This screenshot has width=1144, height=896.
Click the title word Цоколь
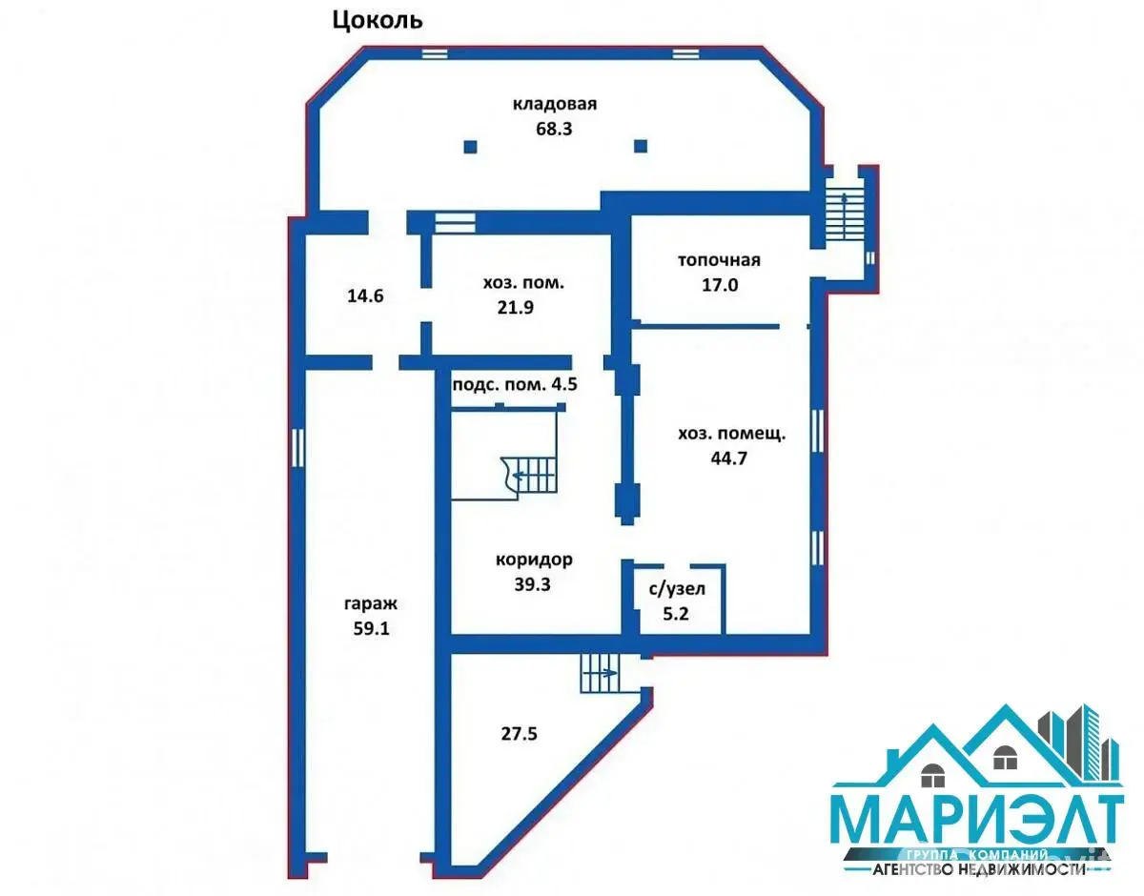click(378, 21)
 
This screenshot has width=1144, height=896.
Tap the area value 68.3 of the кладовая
click(554, 129)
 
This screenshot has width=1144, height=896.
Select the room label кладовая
click(555, 104)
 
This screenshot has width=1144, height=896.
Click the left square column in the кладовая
click(470, 146)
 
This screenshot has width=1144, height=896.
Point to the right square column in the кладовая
click(641, 146)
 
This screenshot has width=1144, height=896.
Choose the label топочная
click(719, 260)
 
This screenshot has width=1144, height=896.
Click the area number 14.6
click(365, 295)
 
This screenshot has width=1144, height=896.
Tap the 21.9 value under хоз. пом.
click(516, 307)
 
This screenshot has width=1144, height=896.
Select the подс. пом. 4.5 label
click(515, 384)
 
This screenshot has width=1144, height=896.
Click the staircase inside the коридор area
click(529, 475)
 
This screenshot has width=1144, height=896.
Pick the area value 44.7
click(728, 458)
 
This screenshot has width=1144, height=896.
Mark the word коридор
click(534, 560)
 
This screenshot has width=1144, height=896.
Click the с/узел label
click(677, 589)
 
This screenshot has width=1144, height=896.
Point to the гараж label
click(371, 604)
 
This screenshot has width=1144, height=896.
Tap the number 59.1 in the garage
click(371, 628)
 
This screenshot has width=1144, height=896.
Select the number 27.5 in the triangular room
click(520, 733)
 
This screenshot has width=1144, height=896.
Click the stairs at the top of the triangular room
click(601, 673)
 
